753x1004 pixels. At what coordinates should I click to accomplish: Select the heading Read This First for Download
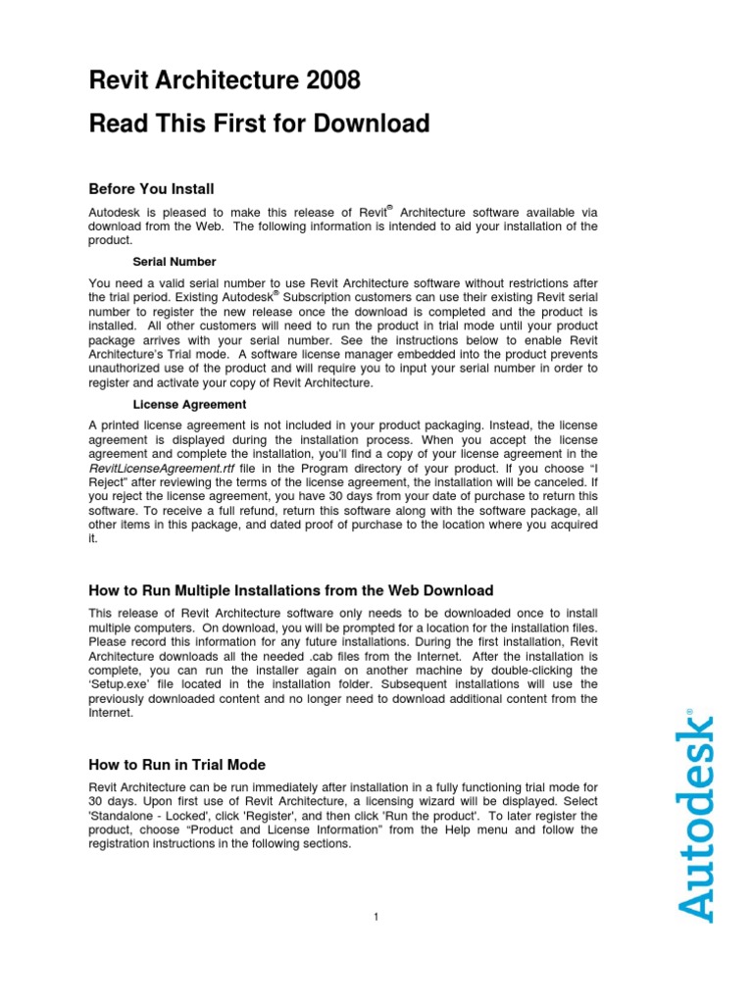click(259, 124)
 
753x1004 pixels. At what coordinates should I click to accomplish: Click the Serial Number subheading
click(175, 262)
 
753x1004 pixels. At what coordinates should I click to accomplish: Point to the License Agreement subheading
click(189, 404)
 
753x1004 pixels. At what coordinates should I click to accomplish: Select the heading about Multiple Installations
click(291, 590)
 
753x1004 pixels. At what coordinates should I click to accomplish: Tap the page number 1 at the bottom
click(376, 917)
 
